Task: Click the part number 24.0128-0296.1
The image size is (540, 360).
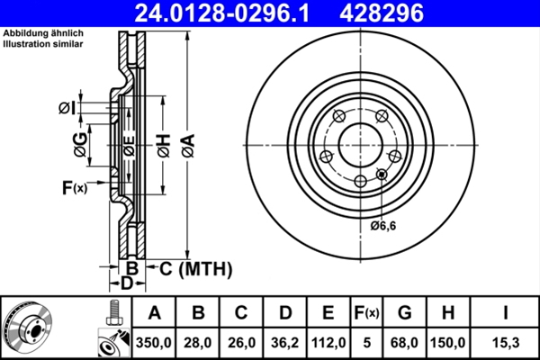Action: tap(229, 13)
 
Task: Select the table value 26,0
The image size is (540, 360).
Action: tap(242, 343)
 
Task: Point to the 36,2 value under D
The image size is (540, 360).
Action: tap(285, 343)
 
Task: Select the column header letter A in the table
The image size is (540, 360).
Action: tap(154, 313)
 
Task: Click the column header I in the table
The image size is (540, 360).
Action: tap(506, 313)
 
